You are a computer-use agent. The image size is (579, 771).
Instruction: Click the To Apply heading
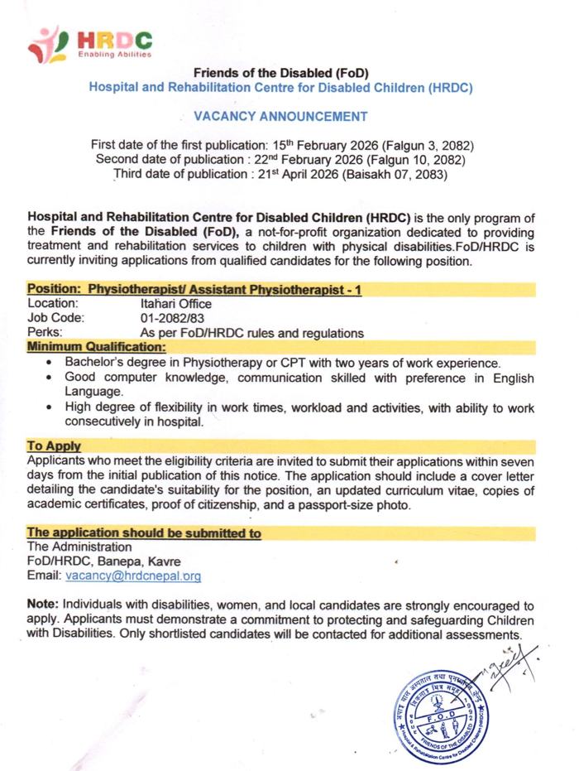(51, 445)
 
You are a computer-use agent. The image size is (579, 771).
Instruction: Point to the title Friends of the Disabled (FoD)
(285, 72)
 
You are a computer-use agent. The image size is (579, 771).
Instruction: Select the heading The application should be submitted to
(145, 532)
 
